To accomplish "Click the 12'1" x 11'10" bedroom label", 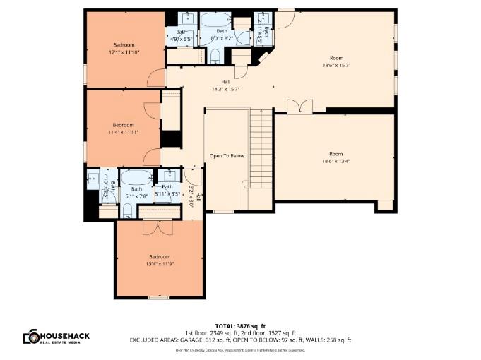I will click(124, 48).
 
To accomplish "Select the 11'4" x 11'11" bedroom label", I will click(124, 128).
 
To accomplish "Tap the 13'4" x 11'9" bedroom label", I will click(159, 260).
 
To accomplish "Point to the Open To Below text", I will click(227, 155).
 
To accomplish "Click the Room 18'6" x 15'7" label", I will click(335, 61).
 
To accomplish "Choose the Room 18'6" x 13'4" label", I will click(335, 157).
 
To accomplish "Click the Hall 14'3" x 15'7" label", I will click(226, 85).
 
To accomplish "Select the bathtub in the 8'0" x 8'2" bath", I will click(214, 20).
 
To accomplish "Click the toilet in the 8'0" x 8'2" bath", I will click(215, 56).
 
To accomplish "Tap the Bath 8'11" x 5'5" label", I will click(167, 190).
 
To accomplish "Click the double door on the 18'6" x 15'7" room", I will click(299, 106).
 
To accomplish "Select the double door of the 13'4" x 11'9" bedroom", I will click(153, 227).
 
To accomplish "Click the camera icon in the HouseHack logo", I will click(30, 337).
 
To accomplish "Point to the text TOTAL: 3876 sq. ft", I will click(240, 325).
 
